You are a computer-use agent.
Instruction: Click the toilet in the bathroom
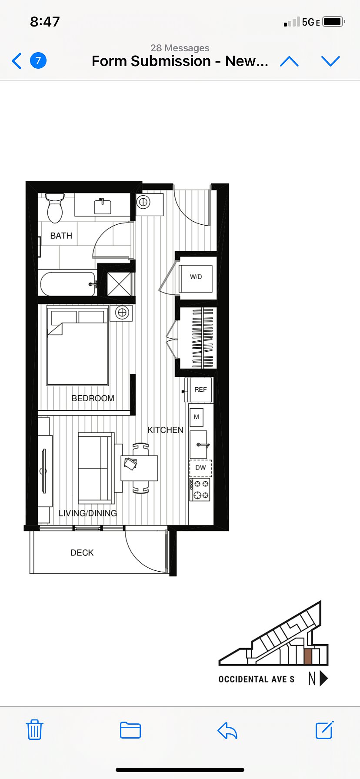pyautogui.click(x=55, y=208)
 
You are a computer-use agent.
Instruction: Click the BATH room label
pyautogui.click(x=61, y=236)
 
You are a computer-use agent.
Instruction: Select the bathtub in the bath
pyautogui.click(x=68, y=284)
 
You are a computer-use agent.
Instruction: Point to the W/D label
pyautogui.click(x=196, y=276)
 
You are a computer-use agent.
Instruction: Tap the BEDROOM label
pyautogui.click(x=93, y=398)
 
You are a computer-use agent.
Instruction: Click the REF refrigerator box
pyautogui.click(x=200, y=389)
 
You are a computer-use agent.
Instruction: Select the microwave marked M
pyautogui.click(x=197, y=417)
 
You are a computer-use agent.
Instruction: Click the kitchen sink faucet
pyautogui.click(x=203, y=445)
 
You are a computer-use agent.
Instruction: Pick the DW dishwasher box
pyautogui.click(x=200, y=468)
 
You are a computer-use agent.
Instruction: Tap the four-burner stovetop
pyautogui.click(x=200, y=489)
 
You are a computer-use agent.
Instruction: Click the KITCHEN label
pyautogui.click(x=165, y=430)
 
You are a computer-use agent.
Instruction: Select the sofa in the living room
pyautogui.click(x=96, y=468)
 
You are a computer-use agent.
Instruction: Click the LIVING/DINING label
pyautogui.click(x=88, y=513)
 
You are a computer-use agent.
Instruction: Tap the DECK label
pyautogui.click(x=82, y=553)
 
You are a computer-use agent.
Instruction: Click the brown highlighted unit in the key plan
pyautogui.click(x=308, y=657)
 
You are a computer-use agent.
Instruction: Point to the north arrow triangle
pyautogui.click(x=323, y=679)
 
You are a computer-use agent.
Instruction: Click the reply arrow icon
pyautogui.click(x=227, y=730)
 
